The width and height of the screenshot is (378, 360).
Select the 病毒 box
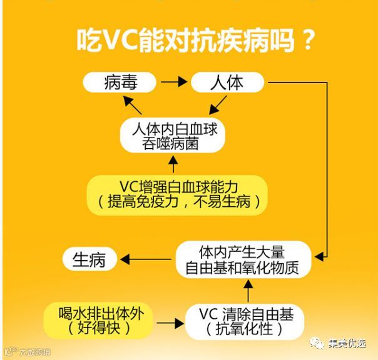[120, 82]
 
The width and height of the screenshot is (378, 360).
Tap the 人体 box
[226, 82]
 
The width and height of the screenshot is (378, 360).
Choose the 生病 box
[89, 259]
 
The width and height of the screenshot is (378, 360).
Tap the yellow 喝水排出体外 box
[101, 319]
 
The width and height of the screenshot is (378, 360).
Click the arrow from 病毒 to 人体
[173, 82]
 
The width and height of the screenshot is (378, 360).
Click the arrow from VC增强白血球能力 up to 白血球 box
[173, 165]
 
